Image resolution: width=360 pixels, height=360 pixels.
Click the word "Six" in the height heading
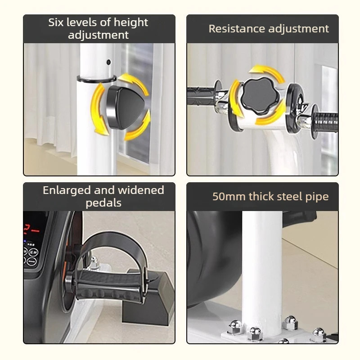pyautogui.click(x=56, y=22)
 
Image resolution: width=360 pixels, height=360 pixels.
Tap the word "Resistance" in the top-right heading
pyautogui.click(x=237, y=29)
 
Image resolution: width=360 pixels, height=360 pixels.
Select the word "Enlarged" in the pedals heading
pyautogui.click(x=66, y=191)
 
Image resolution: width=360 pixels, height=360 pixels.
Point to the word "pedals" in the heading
pyautogui.click(x=103, y=203)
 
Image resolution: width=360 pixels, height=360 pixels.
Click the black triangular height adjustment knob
pyautogui.click(x=126, y=107)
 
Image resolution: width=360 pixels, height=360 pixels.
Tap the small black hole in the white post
pyautogui.click(x=108, y=62)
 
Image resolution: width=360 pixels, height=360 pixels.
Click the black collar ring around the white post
pyautogui.click(x=96, y=79)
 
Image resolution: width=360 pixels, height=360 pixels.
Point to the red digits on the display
pyautogui.click(x=31, y=229)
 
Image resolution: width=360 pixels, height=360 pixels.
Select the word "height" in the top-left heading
pyautogui.click(x=131, y=22)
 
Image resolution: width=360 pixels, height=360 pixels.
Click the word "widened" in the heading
pyautogui.click(x=141, y=190)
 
